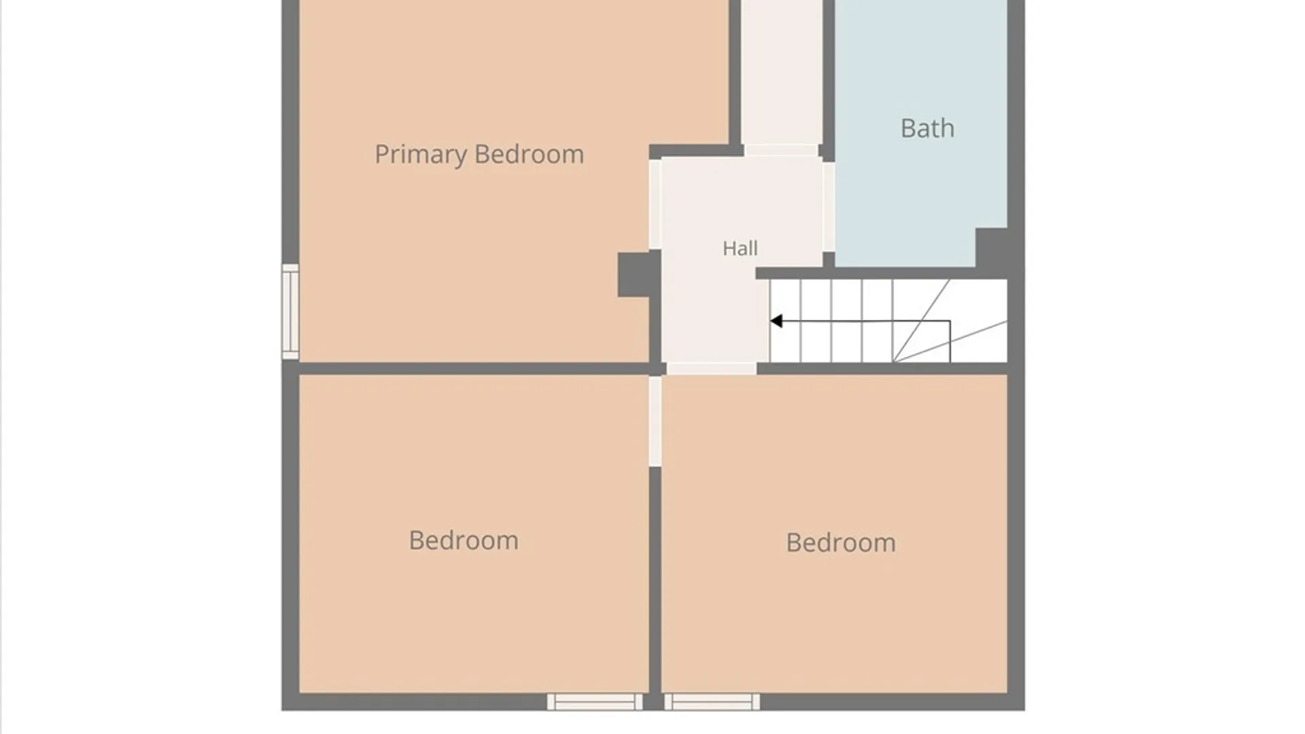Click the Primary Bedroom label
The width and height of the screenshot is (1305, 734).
[x=479, y=154]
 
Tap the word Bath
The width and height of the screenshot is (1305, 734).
[x=927, y=128]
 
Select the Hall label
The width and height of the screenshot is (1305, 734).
[x=740, y=248]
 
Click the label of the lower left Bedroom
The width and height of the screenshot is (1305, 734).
[x=464, y=540]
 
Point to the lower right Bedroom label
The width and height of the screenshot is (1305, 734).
[x=841, y=542]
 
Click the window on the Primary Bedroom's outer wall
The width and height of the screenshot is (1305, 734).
[x=290, y=311]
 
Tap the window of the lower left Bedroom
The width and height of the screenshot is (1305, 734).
[x=595, y=702]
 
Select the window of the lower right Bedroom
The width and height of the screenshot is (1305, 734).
[x=712, y=702]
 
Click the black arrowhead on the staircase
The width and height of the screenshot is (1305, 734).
[x=776, y=321]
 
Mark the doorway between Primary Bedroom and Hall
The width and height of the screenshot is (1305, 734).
[x=655, y=204]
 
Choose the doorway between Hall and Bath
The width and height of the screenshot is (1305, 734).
[x=829, y=207]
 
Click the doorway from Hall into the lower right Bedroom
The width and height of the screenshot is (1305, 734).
[x=711, y=368]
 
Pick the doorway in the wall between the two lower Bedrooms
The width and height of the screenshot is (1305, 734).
[x=655, y=421]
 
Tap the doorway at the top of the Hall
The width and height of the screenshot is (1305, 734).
[x=781, y=150]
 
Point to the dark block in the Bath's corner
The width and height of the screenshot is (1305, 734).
[x=992, y=247]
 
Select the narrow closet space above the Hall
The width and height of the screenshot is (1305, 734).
[x=781, y=72]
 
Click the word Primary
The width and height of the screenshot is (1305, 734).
[x=421, y=154]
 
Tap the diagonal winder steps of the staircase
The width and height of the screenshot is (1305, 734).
[x=950, y=321]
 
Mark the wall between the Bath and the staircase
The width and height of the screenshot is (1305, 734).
[x=882, y=273]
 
